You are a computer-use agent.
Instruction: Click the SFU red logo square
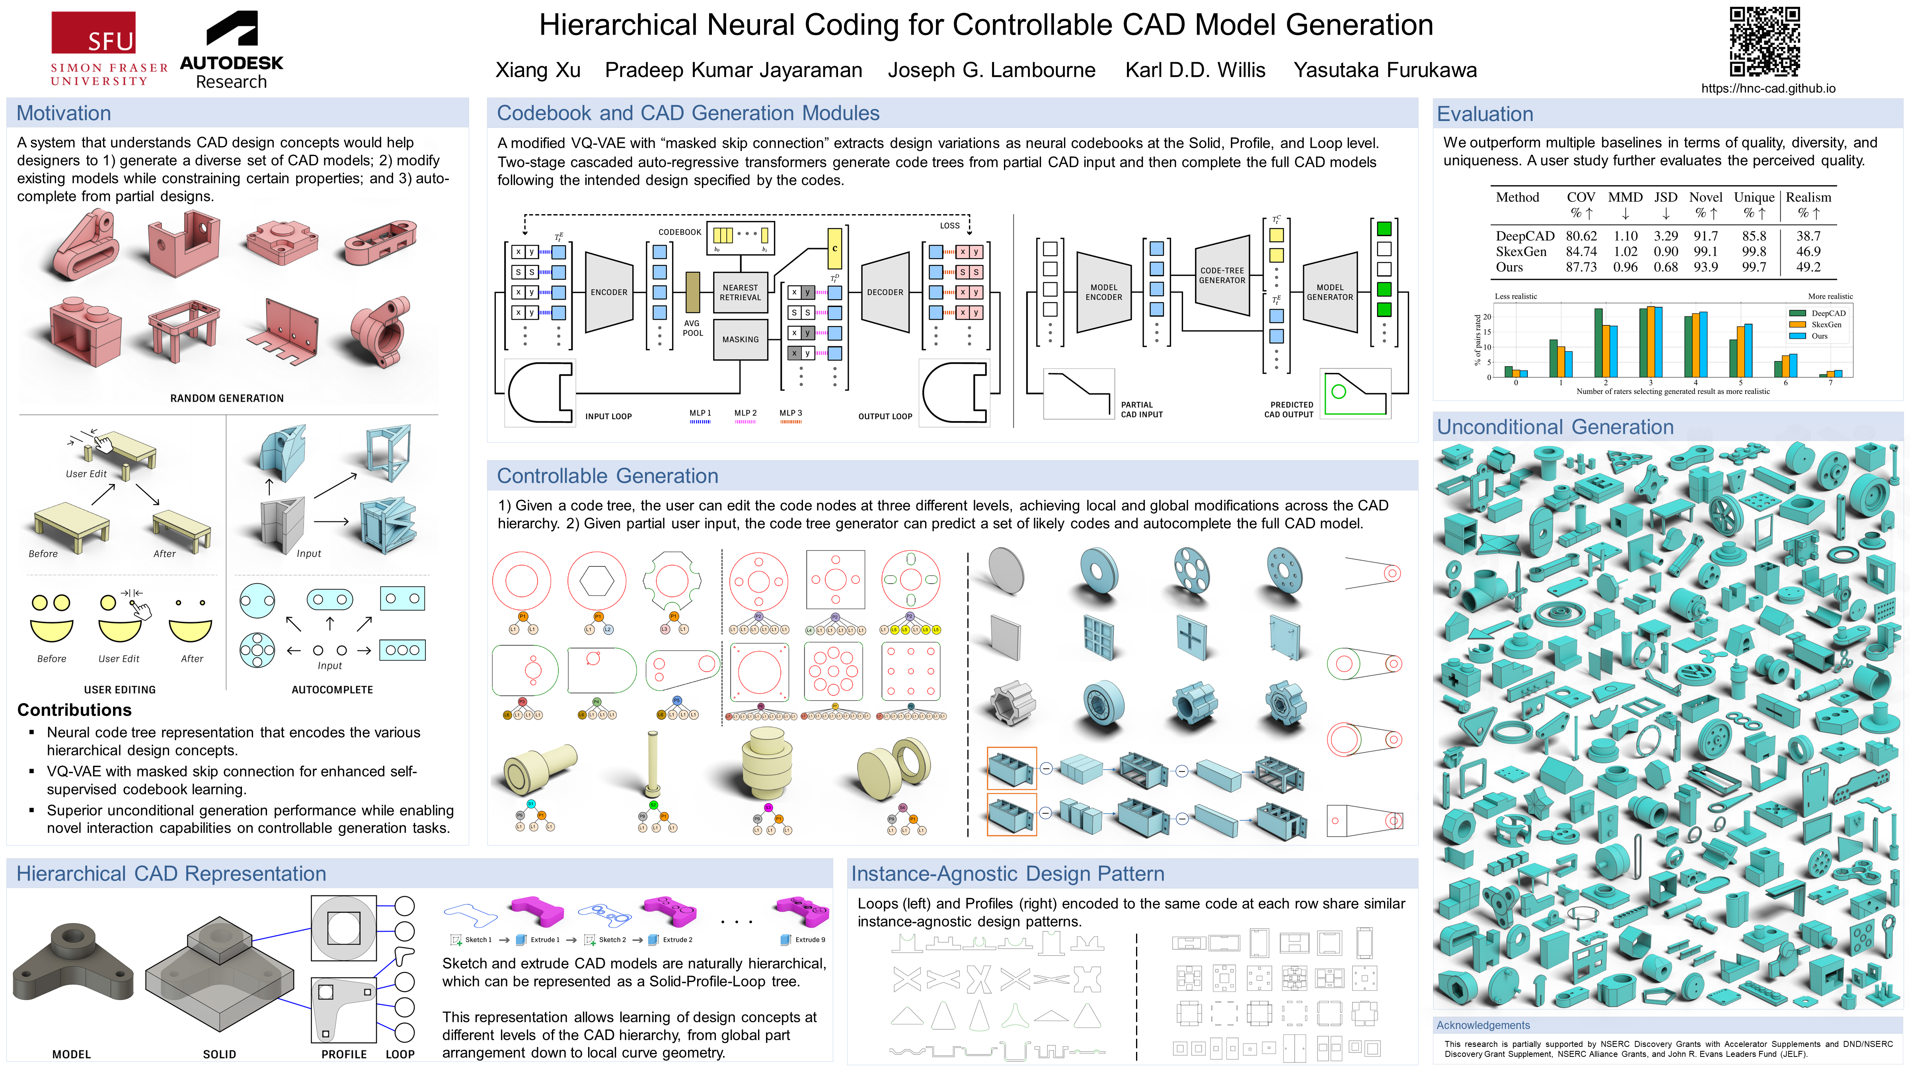(94, 33)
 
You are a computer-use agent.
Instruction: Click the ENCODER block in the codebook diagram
(609, 292)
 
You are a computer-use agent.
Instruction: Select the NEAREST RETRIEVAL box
(740, 292)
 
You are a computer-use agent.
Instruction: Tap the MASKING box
(740, 340)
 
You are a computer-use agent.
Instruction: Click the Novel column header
(1705, 197)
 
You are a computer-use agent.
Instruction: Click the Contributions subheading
(74, 711)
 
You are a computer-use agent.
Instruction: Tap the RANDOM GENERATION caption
(227, 398)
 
